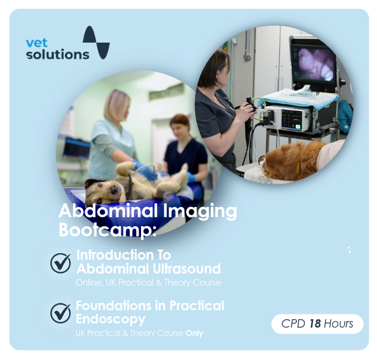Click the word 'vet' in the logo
pyautogui.click(x=37, y=43)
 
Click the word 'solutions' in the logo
pyautogui.click(x=58, y=55)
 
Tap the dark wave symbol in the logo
pyautogui.click(x=96, y=43)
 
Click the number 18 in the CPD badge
pyautogui.click(x=315, y=323)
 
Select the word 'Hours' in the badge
pyautogui.click(x=339, y=323)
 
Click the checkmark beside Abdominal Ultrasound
pyautogui.click(x=61, y=263)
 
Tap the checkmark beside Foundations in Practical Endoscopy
pyautogui.click(x=61, y=313)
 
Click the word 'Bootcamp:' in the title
pyautogui.click(x=107, y=230)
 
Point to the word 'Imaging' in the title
pyautogui.click(x=200, y=211)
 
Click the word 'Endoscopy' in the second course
pyautogui.click(x=110, y=319)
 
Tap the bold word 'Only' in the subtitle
pyautogui.click(x=195, y=334)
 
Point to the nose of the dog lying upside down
pyautogui.click(x=114, y=190)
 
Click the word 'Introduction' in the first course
pyautogui.click(x=115, y=255)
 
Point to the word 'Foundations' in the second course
pyautogui.click(x=113, y=305)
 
